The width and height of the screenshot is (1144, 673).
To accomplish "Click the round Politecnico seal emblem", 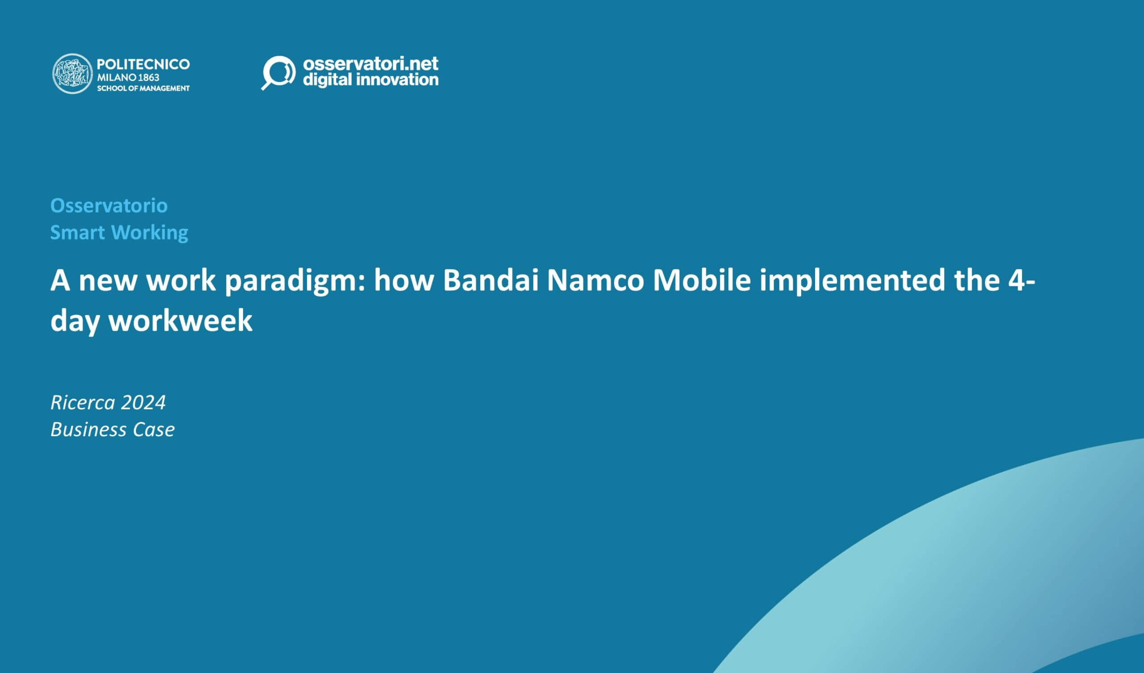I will point(73,74).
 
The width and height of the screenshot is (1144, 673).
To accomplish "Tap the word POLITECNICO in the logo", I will point(143,64).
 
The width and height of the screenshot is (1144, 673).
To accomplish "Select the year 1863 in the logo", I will point(148,77).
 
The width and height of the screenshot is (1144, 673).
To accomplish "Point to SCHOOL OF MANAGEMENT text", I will point(143,88).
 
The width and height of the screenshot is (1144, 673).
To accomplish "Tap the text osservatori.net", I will point(370,63).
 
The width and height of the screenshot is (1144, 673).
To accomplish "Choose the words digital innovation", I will point(370,80).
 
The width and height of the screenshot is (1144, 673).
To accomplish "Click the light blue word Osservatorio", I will point(109,206).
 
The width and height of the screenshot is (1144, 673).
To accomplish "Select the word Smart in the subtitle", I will point(78,232).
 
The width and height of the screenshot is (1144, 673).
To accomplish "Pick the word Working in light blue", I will point(149,232).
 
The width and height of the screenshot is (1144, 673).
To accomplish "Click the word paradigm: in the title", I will point(295,281).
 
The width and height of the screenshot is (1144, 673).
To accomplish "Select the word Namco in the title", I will point(595,280).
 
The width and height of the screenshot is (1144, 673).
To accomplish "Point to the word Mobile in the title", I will point(702,280).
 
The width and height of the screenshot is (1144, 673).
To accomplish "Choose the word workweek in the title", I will point(180,320).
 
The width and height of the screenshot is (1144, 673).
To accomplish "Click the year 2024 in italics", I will point(143,402).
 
